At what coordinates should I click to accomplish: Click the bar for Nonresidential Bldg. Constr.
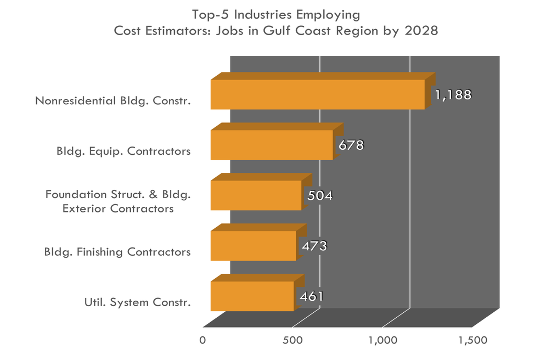[317, 94]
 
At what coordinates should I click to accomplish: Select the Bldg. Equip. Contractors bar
[272, 145]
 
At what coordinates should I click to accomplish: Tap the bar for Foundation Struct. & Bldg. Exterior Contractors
[256, 195]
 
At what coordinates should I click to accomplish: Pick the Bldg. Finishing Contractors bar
[253, 246]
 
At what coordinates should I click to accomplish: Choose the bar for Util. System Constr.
[252, 296]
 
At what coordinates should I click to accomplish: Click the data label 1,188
[453, 95]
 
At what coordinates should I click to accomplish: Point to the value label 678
[351, 145]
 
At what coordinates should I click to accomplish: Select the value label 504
[320, 196]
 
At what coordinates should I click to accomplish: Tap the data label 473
[314, 246]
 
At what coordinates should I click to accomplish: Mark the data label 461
[311, 296]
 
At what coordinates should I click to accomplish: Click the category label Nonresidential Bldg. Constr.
[113, 101]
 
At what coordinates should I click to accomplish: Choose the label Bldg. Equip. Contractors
[123, 151]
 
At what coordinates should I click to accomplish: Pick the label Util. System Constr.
[137, 302]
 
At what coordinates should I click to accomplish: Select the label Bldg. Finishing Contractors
[117, 252]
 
